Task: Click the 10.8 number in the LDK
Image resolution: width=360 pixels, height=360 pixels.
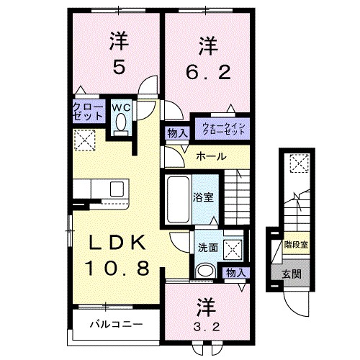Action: point(119,269)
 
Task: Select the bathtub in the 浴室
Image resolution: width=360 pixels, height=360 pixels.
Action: point(177,197)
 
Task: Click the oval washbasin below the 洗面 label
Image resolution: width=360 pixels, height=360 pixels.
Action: point(205,271)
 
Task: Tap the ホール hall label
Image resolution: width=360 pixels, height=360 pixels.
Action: point(211,157)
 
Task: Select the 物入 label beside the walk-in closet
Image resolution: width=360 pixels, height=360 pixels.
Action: point(176,132)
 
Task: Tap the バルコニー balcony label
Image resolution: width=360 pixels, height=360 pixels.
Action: point(115,324)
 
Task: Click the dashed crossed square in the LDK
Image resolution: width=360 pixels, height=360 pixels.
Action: point(85,140)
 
